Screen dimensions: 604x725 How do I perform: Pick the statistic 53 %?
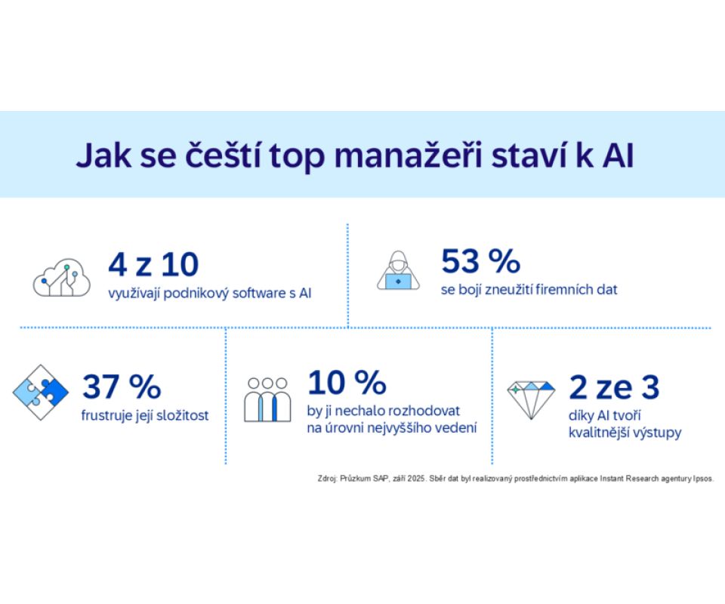480,261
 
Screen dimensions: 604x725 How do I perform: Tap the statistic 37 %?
122,387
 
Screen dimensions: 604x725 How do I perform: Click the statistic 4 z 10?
153,264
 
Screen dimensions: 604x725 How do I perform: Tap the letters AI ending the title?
617,156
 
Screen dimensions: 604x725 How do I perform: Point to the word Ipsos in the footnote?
700,478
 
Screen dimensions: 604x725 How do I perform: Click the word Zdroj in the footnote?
329,478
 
